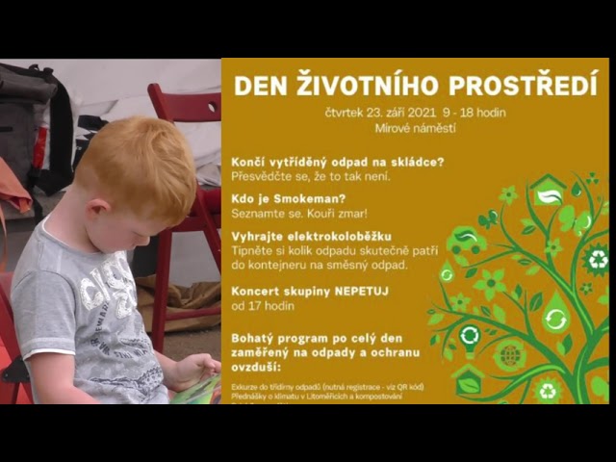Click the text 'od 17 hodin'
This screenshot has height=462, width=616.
point(263,306)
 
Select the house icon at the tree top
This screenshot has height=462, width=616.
point(549,191)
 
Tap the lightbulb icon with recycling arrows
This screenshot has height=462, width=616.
point(556,317)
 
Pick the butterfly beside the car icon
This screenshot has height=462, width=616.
point(490,218)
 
